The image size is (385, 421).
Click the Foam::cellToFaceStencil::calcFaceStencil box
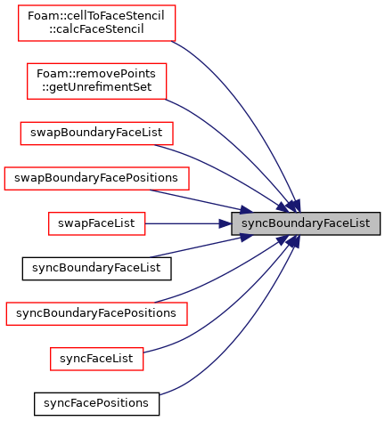pyautogui.click(x=96, y=23)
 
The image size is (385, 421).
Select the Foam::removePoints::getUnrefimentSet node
pyautogui.click(x=96, y=81)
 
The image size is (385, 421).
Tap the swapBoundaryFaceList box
pyautogui.click(x=96, y=134)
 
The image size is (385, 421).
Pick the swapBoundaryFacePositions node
pyautogui.click(x=96, y=178)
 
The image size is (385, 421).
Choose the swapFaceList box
pyautogui.click(x=96, y=223)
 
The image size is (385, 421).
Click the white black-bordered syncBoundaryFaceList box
pyautogui.click(x=96, y=269)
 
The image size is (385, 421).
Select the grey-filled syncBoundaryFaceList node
pyautogui.click(x=306, y=223)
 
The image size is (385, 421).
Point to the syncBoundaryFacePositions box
pyautogui.click(x=96, y=313)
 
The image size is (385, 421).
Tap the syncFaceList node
pyautogui.click(x=96, y=359)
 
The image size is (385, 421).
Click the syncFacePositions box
pyautogui.click(x=96, y=404)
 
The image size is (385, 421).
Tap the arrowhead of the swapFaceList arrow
pyautogui.click(x=225, y=223)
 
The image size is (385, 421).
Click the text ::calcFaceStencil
pyautogui.click(x=96, y=29)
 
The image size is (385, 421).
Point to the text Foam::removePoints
pyautogui.click(x=96, y=74)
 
